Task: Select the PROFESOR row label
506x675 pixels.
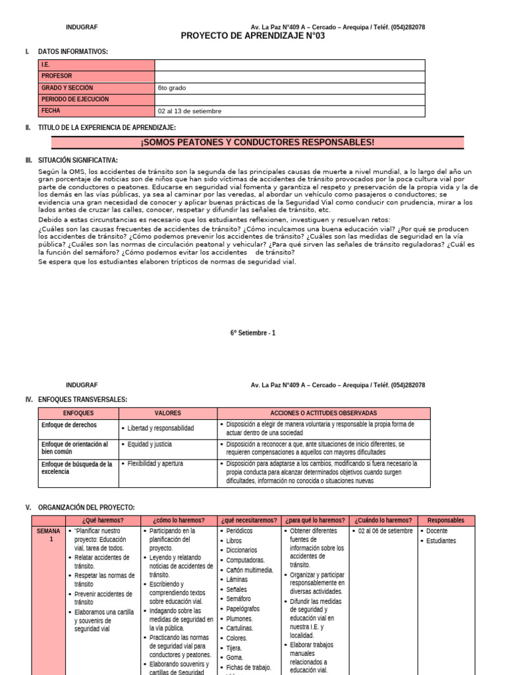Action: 57,76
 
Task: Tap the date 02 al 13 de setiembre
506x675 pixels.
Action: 190,111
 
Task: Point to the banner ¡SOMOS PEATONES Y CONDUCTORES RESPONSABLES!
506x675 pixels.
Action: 257,142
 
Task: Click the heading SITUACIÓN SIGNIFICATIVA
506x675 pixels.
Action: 78,160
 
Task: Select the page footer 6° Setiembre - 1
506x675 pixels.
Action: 253,333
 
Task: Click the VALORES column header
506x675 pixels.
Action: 167,413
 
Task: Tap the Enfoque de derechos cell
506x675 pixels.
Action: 69,425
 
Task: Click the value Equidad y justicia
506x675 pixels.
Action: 150,444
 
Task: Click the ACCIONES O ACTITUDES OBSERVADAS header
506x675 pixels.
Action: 323,413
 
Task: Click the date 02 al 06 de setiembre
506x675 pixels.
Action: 385,531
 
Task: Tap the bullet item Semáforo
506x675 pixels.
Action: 239,599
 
